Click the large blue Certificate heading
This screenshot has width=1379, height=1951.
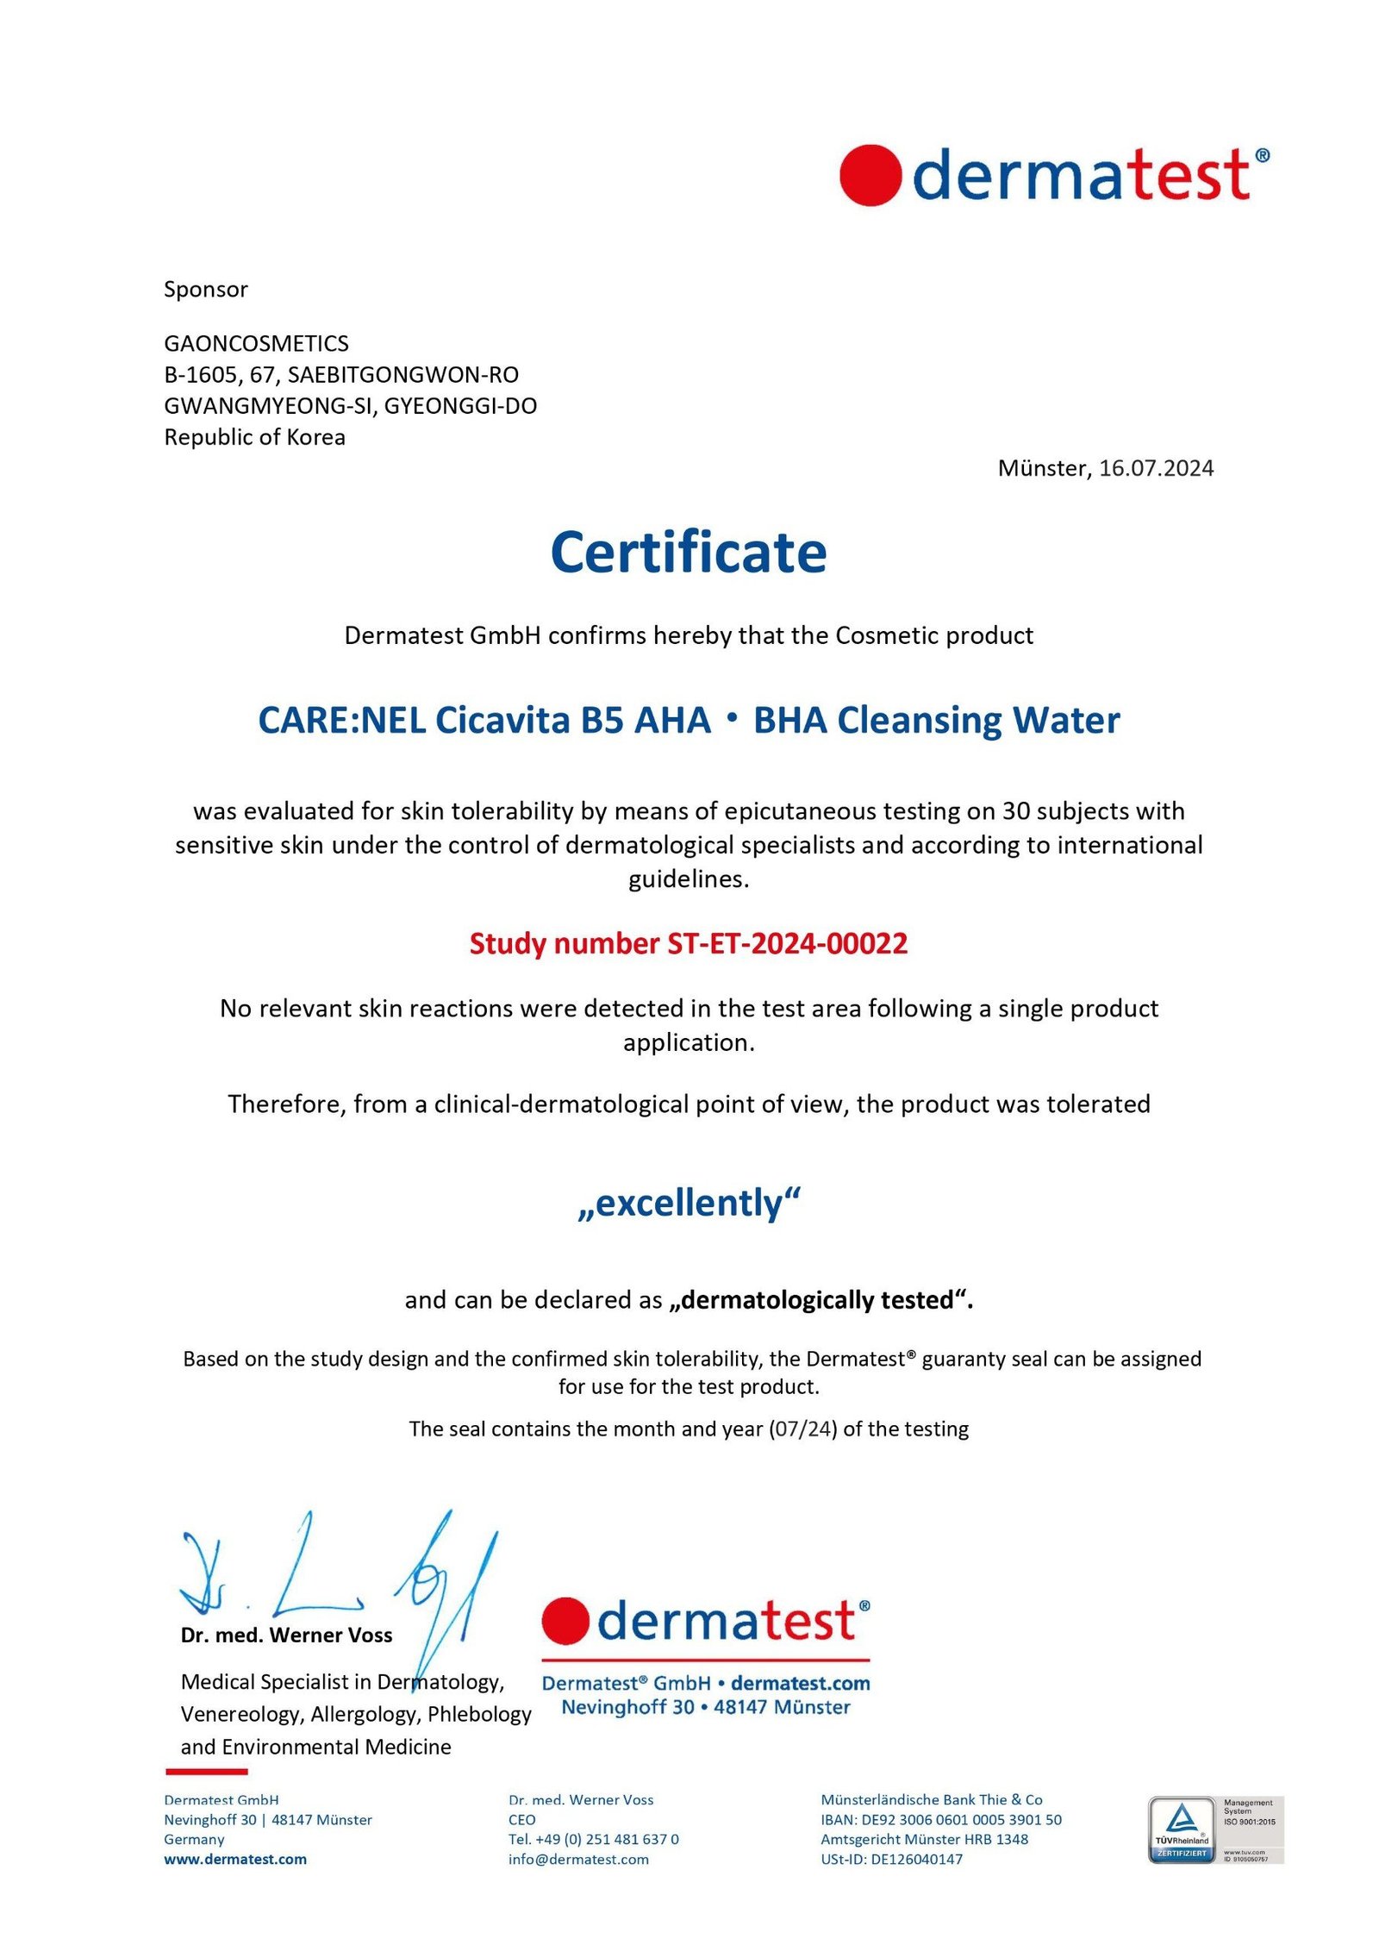coord(688,552)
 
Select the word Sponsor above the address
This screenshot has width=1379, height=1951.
coord(205,289)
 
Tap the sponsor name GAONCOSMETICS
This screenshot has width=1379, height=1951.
coord(256,343)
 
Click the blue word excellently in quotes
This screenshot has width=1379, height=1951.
coord(689,1203)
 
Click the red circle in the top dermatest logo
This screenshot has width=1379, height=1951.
coord(870,175)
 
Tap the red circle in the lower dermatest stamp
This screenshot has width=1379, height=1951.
coord(565,1621)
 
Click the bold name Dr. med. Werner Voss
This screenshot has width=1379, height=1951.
coord(286,1635)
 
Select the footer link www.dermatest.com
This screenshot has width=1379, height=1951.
coord(234,1859)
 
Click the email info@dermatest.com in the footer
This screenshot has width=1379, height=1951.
coord(577,1859)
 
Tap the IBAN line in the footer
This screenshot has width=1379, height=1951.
coord(940,1819)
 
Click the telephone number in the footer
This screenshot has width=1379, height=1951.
coord(593,1839)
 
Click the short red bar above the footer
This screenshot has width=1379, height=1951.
coord(206,1772)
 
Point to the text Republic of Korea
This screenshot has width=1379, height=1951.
coord(254,437)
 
